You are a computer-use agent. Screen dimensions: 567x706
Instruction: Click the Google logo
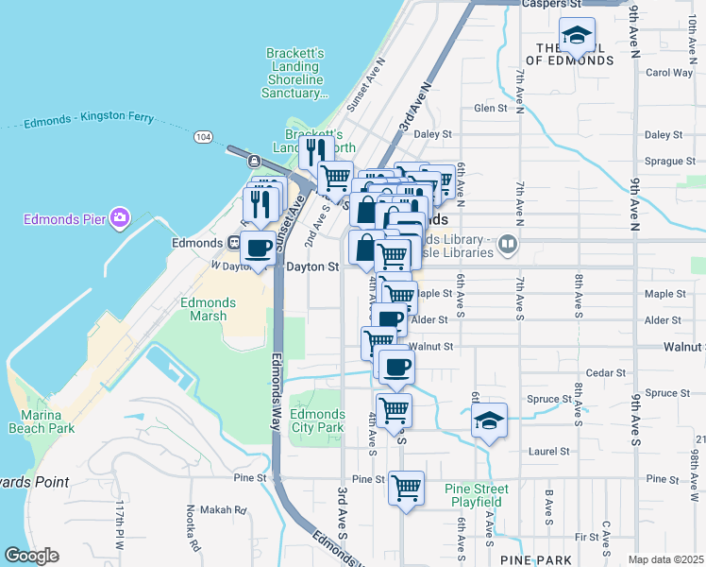click(x=31, y=556)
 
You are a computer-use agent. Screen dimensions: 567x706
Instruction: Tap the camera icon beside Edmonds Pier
click(x=119, y=219)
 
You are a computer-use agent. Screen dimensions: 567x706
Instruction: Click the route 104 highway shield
click(x=203, y=137)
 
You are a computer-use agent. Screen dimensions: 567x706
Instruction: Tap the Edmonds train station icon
click(x=234, y=243)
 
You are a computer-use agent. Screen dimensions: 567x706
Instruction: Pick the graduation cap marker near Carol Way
click(x=577, y=36)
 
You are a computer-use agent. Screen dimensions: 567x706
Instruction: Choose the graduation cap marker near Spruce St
click(x=489, y=420)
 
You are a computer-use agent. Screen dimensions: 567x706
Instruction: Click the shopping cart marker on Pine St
click(x=406, y=489)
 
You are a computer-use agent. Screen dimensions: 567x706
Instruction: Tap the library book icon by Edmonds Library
click(x=509, y=245)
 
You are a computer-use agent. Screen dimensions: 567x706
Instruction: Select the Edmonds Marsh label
click(x=208, y=309)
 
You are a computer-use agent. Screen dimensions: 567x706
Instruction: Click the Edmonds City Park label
click(x=317, y=421)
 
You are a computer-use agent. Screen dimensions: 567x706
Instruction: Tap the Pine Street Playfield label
click(x=477, y=495)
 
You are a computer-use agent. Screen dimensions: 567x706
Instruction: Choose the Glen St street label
click(x=491, y=109)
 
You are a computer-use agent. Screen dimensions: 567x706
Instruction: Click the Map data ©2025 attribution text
click(x=665, y=559)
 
